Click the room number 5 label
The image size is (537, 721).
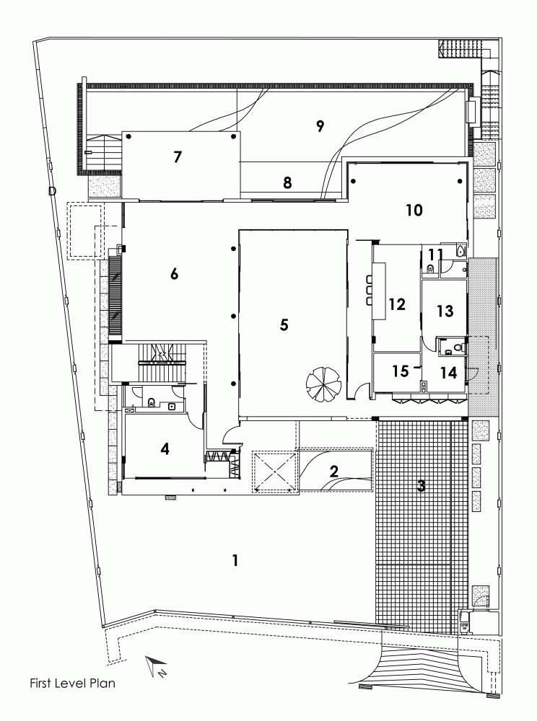pos(284,324)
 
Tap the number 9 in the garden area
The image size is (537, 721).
pos(320,125)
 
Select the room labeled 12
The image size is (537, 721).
pos(397,304)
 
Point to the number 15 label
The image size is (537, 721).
pos(401,371)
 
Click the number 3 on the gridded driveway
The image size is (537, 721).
pos(421,485)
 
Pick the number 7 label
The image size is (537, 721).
pos(178,156)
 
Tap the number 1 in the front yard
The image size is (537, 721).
pos(235,560)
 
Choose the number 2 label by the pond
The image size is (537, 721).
pos(334,471)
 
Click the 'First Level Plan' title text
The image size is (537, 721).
pos(73,684)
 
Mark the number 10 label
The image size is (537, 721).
pos(414,210)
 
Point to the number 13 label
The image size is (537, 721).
pos(445,311)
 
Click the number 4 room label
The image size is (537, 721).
pos(165,448)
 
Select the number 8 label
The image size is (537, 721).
pos(287,183)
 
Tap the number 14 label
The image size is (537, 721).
pos(448,372)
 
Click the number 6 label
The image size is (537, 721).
pos(174,274)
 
